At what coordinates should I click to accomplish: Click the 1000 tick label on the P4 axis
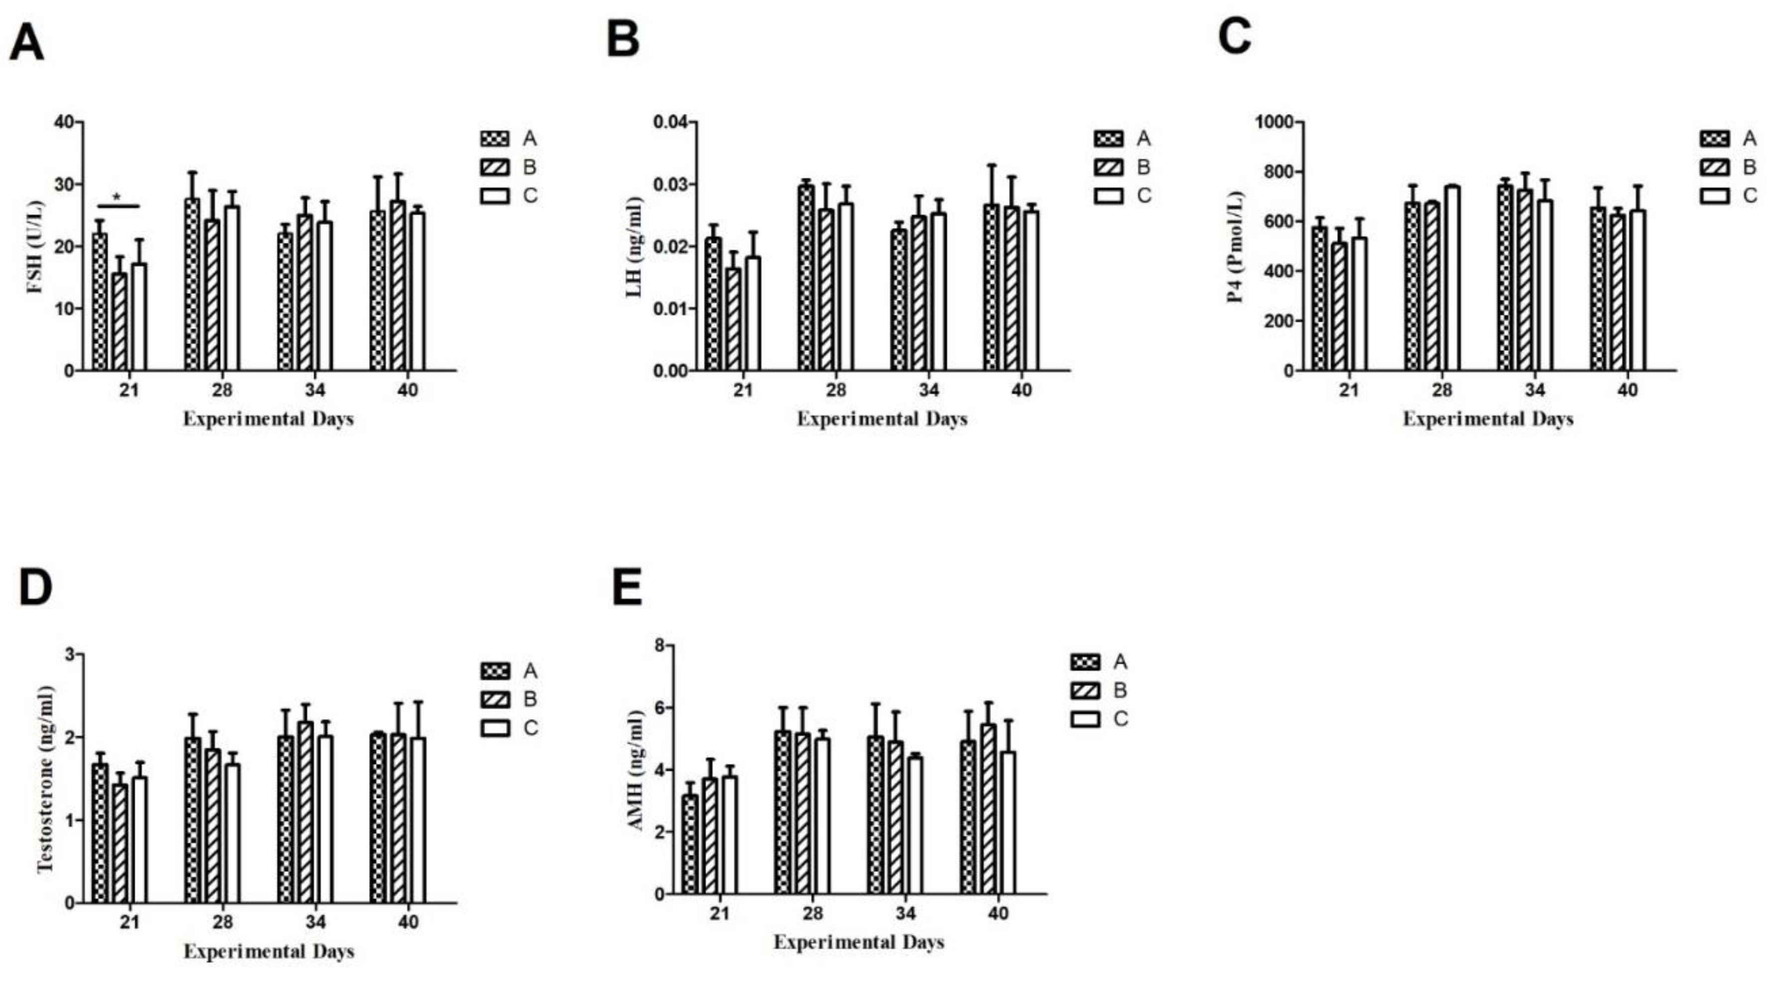[x=1275, y=122]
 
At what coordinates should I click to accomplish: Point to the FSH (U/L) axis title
[x=36, y=246]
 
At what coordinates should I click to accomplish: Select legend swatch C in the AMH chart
[x=1085, y=719]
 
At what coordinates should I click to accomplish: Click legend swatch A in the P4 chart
[x=1714, y=139]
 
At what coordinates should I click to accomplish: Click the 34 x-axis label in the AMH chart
[x=905, y=914]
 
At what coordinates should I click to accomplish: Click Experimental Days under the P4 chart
[x=1487, y=419]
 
